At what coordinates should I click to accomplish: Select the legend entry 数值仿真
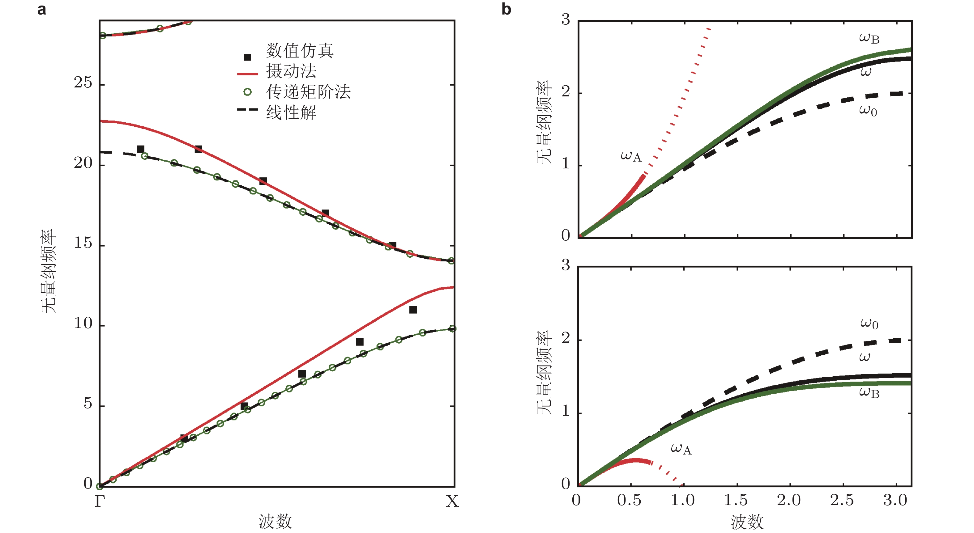(x=299, y=51)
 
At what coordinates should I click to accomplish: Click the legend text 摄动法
(x=291, y=71)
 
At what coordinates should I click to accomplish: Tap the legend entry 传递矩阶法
(x=308, y=92)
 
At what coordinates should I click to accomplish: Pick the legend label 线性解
(x=291, y=112)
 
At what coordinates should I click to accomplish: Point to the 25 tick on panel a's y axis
(x=83, y=83)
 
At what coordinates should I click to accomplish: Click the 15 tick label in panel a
(x=83, y=243)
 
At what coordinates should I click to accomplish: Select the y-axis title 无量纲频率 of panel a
(x=49, y=271)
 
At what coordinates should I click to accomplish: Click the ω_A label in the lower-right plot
(x=681, y=449)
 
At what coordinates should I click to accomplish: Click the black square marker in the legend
(x=247, y=57)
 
